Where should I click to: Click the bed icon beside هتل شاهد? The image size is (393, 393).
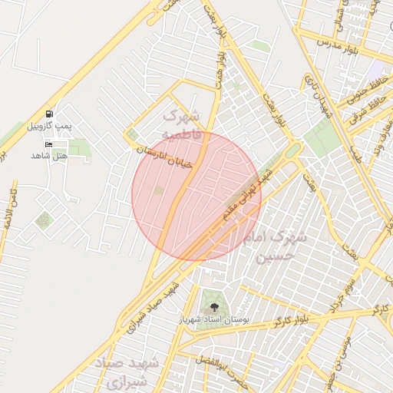49,144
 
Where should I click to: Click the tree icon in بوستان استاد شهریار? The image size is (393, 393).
213,307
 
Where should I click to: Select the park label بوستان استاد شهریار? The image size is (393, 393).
213,319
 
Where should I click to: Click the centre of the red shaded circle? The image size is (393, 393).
196,196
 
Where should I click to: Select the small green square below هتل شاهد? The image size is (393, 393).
45,221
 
